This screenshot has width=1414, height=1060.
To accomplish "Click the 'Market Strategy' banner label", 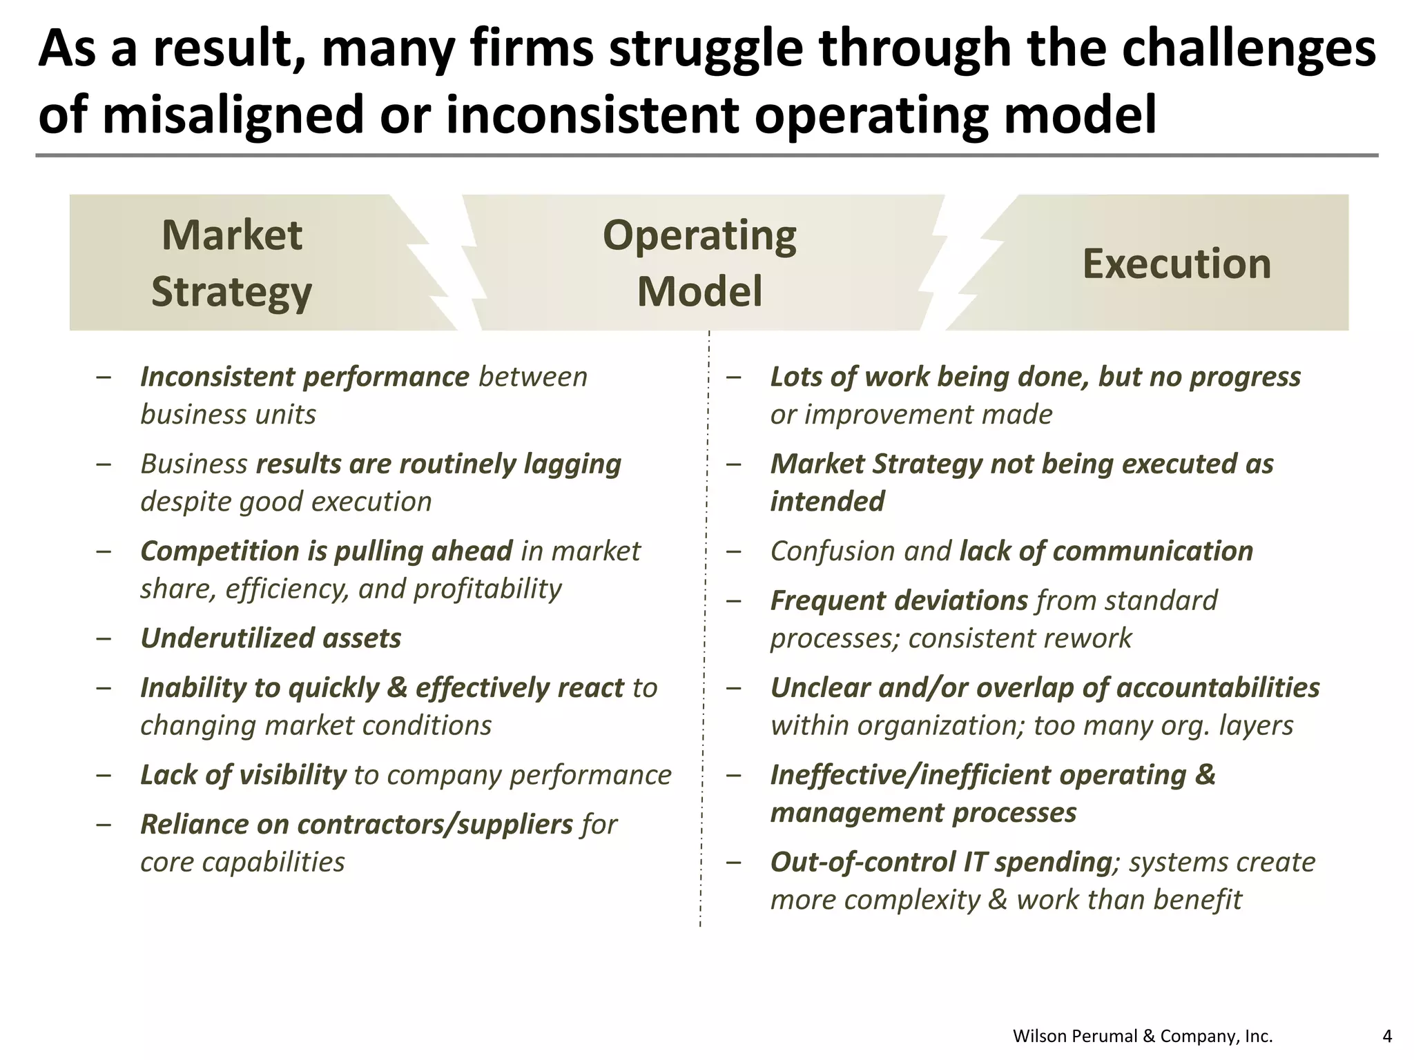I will tap(232, 263).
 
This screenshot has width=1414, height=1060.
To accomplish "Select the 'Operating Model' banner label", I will tap(699, 263).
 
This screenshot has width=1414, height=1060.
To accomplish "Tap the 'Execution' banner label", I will tap(1176, 264).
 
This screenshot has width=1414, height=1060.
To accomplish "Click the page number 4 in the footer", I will tap(1387, 1036).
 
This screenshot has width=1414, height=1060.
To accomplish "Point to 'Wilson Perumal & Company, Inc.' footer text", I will tap(1143, 1036).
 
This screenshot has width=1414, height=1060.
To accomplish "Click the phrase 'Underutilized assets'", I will tap(271, 638).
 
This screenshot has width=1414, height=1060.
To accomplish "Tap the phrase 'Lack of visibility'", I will tap(243, 775).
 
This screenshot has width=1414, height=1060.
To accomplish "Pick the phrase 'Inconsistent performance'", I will tap(304, 377).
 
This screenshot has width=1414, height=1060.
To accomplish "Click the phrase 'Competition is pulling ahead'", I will tap(327, 551).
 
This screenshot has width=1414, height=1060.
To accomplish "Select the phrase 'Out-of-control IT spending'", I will tap(940, 863).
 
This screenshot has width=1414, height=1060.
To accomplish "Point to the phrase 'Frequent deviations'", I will tap(899, 601).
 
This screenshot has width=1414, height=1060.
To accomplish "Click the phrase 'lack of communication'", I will tap(1106, 551).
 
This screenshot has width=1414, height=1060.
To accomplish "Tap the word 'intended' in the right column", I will tap(827, 502).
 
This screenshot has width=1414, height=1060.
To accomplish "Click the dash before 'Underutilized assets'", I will tap(104, 639).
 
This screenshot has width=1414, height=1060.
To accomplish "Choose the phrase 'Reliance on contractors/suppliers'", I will tap(356, 825).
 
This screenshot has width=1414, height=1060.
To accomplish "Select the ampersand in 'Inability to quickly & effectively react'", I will tap(397, 688).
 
